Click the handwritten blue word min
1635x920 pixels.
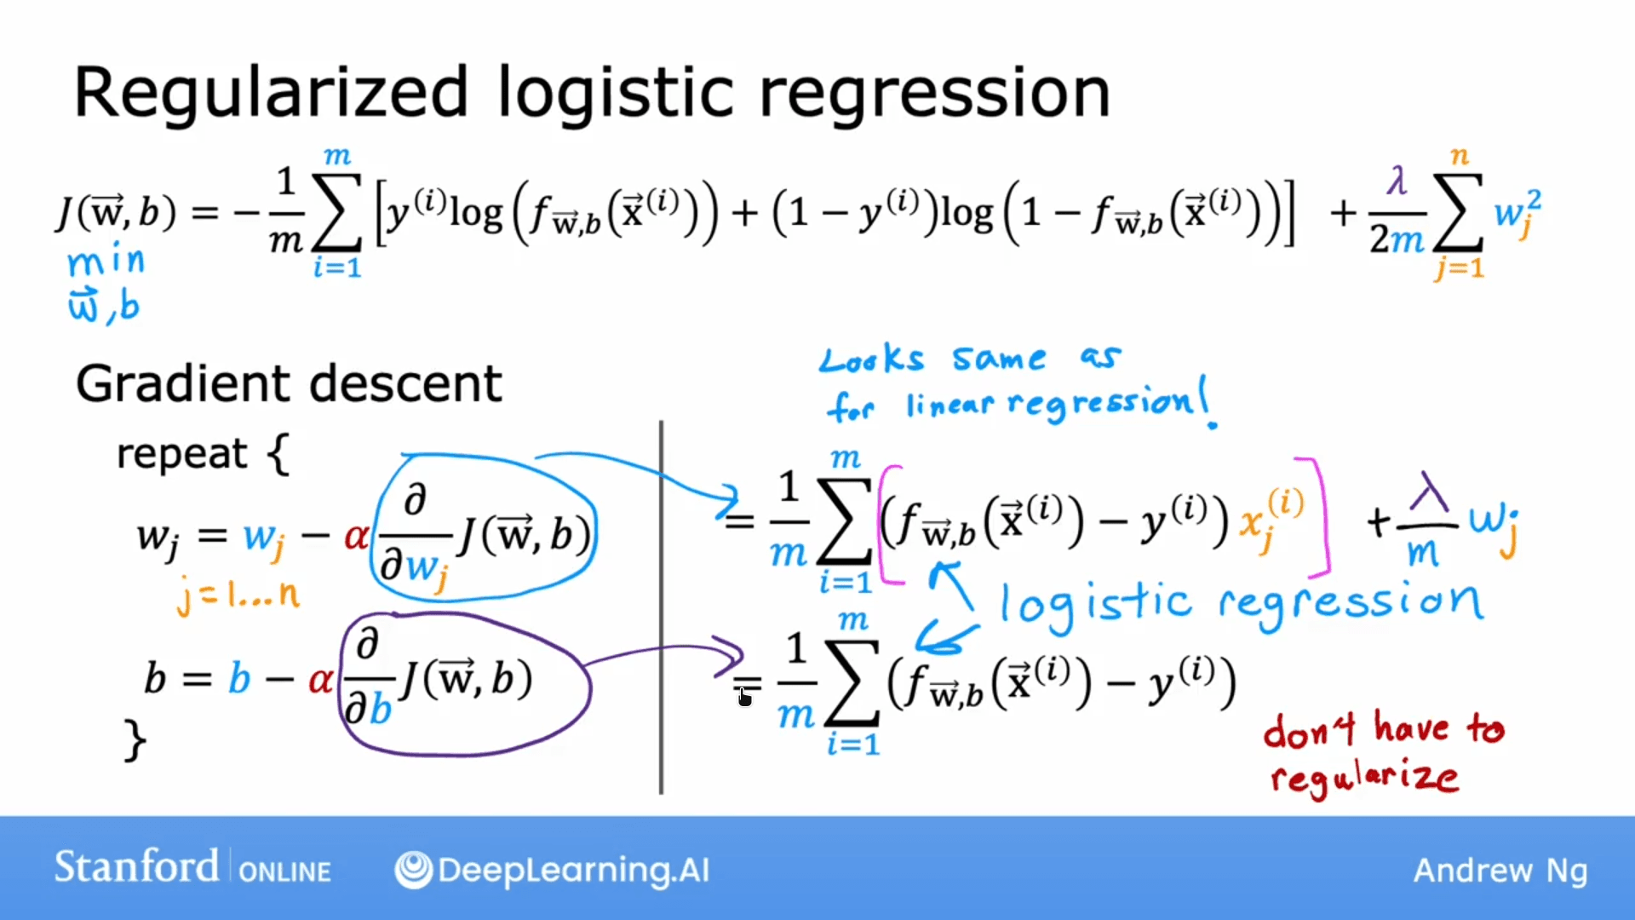click(106, 261)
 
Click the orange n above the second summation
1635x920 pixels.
click(1460, 156)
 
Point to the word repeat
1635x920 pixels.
click(181, 453)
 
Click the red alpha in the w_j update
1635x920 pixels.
click(355, 537)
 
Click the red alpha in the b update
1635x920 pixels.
click(320, 680)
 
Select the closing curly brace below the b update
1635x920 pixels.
click(135, 739)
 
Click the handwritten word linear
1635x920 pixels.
click(949, 404)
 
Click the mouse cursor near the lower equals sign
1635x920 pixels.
click(744, 698)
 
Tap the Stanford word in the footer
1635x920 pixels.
click(136, 867)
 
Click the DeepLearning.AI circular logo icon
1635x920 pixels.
click(414, 870)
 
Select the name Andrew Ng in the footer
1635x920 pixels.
click(1500, 871)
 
